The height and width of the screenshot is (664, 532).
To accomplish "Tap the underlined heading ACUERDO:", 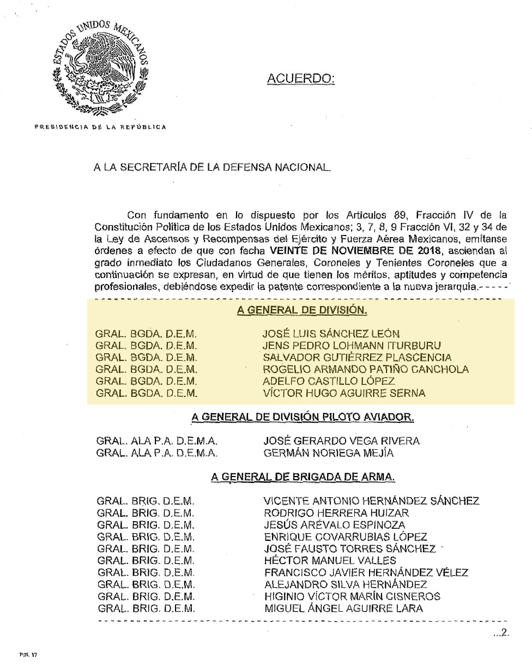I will (301, 80).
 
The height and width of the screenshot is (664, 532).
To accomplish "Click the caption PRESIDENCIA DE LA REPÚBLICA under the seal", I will (100, 127).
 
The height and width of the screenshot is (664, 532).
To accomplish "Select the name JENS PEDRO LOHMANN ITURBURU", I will (352, 346).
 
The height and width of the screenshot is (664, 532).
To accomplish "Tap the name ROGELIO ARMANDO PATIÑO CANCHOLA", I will (365, 369).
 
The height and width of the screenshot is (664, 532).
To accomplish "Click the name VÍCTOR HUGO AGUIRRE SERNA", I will (344, 393).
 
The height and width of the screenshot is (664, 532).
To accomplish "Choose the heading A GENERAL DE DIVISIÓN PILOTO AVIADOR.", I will (302, 418).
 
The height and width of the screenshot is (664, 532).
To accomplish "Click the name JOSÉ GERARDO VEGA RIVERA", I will (341, 441).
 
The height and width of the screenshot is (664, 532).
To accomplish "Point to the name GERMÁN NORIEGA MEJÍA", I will (328, 453).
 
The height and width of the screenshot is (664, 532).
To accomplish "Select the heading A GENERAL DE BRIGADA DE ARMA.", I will (303, 477).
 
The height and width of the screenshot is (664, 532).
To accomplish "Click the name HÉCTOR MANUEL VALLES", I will (330, 560).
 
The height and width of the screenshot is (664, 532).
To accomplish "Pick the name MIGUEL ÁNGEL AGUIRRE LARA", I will (343, 608).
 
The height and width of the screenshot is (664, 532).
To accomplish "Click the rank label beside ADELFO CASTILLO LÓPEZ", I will (146, 381).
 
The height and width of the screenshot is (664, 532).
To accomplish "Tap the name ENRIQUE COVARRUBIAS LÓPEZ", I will (345, 537).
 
